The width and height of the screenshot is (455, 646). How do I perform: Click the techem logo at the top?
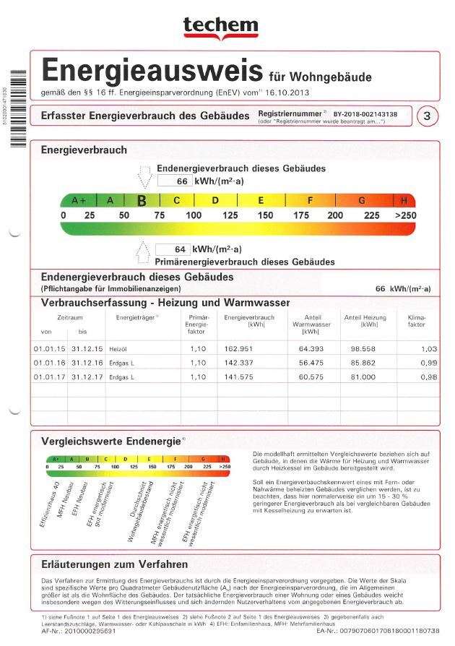click(x=220, y=27)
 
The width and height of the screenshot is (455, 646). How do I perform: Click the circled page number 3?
click(x=428, y=116)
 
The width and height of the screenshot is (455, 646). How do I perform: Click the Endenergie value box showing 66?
click(x=175, y=181)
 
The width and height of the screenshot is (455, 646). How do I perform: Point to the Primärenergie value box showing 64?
click(x=173, y=249)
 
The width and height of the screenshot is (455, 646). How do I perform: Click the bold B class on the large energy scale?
click(x=142, y=200)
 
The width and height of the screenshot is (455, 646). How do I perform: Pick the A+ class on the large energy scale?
click(x=79, y=200)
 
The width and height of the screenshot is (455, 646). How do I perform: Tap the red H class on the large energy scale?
click(x=404, y=200)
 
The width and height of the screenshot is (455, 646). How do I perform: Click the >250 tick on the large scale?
click(x=405, y=215)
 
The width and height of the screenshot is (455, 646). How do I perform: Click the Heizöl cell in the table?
click(x=118, y=348)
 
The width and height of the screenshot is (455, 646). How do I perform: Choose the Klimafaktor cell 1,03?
click(x=429, y=348)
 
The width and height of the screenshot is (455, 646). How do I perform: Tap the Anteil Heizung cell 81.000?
click(x=374, y=376)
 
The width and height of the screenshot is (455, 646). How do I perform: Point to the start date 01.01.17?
click(x=48, y=376)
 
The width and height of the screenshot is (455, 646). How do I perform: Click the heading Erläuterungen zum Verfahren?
click(x=115, y=564)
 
